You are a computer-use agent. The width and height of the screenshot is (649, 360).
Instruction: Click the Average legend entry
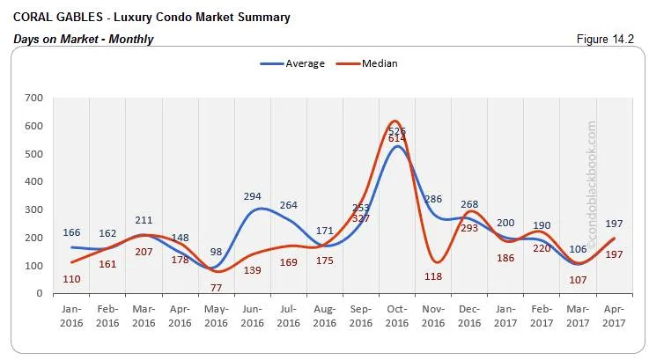tap(293, 63)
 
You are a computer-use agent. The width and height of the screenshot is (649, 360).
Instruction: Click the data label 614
tap(396, 139)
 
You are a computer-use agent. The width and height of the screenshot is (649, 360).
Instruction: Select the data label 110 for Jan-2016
tap(72, 278)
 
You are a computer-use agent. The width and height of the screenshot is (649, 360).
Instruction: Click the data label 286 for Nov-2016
tap(432, 199)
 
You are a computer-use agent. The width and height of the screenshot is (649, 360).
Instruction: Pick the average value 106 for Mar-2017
tap(576, 249)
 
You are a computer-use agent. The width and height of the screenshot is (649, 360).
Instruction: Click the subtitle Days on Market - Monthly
tap(83, 39)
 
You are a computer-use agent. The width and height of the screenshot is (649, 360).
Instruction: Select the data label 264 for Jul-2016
tap(288, 205)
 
